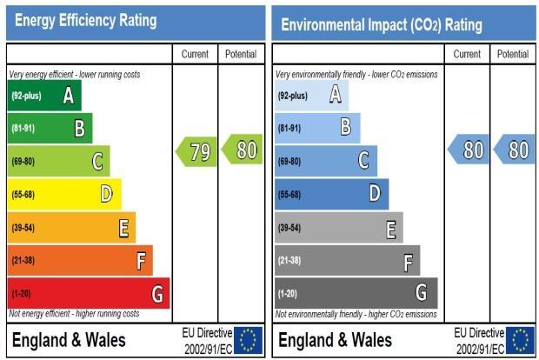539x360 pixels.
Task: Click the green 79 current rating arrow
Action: click(x=196, y=151)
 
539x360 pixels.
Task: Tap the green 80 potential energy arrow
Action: click(x=242, y=150)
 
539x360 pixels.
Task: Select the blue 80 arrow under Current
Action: click(x=469, y=150)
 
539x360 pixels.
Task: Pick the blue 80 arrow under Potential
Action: click(x=514, y=150)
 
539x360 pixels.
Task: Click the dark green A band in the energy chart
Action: click(x=44, y=96)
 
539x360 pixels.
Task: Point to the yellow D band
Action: click(x=64, y=194)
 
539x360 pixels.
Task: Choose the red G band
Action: click(x=89, y=293)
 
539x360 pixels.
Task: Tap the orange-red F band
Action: click(x=80, y=260)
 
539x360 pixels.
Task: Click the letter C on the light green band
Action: click(x=97, y=161)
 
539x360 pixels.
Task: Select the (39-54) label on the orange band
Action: click(x=23, y=228)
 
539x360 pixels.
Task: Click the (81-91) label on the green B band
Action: click(x=23, y=128)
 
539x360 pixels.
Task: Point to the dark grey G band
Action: click(x=356, y=293)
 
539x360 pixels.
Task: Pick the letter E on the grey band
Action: click(x=391, y=230)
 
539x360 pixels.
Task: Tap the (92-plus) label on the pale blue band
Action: click(x=292, y=96)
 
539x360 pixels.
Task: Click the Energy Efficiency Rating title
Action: click(x=85, y=21)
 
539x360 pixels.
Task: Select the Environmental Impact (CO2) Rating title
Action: click(x=382, y=24)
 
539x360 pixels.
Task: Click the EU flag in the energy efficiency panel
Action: click(x=248, y=340)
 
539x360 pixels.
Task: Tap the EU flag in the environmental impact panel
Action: click(x=520, y=340)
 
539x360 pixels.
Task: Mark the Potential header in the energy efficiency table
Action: click(x=241, y=54)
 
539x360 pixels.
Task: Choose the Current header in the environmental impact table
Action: click(x=467, y=54)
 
